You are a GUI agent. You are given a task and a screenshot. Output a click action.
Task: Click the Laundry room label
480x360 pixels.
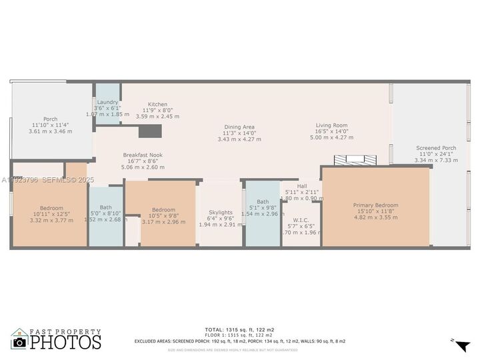click(x=107, y=102)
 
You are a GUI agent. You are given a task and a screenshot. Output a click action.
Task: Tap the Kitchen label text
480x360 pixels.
click(x=157, y=105)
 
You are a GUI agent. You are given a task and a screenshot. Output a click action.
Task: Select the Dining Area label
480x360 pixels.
click(x=239, y=127)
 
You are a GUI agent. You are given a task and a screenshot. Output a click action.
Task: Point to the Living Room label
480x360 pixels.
click(x=331, y=125)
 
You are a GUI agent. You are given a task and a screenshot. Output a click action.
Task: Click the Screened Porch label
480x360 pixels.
click(x=436, y=148)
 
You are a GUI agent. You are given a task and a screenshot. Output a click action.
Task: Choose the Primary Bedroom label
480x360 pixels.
click(x=375, y=205)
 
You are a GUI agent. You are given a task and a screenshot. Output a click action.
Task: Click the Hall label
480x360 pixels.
click(x=302, y=186)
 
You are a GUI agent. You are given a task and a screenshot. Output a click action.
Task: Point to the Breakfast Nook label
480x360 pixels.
click(x=143, y=155)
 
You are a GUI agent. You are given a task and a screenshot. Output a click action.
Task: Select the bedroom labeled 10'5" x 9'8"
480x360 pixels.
click(x=163, y=209)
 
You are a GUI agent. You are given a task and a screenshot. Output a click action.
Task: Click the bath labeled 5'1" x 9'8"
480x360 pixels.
click(x=263, y=202)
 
